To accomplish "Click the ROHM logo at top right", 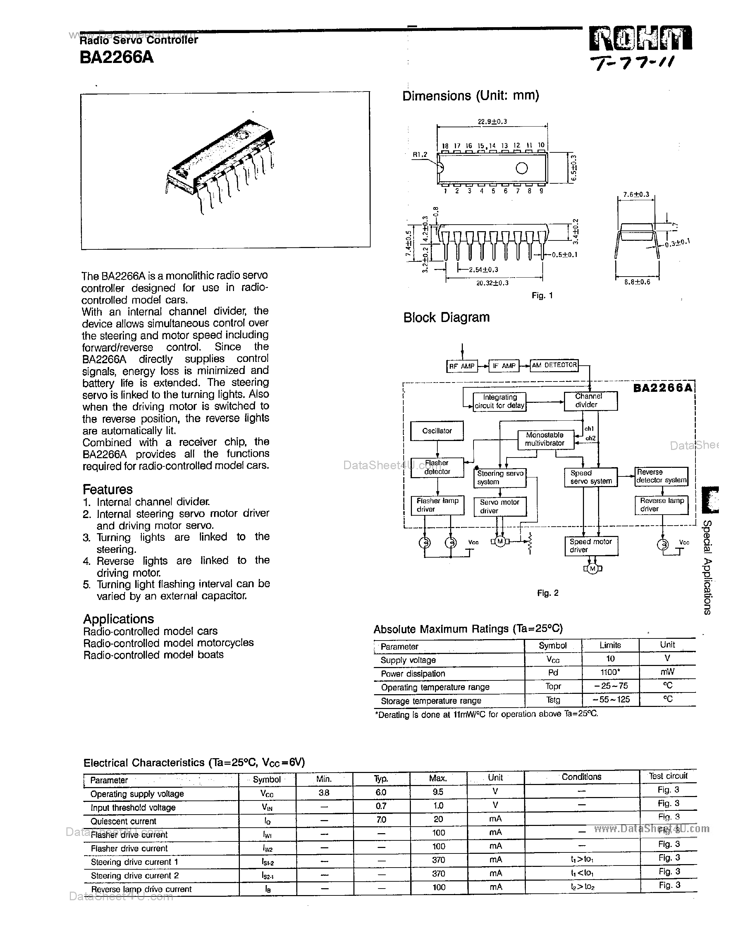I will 640,39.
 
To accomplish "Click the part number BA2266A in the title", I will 117,57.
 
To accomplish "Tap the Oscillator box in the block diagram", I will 437,431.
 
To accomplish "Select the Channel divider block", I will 590,401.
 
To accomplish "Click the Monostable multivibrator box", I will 545,439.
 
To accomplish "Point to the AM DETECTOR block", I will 554,365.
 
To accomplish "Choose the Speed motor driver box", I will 591,546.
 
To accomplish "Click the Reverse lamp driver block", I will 661,505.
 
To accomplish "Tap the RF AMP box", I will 461,366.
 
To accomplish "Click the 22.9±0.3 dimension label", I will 492,122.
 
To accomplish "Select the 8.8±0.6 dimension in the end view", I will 637,282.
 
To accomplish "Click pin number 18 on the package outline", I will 445,146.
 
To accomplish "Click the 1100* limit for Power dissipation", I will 610,672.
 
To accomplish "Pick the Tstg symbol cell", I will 553,700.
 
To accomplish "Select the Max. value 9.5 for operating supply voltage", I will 438,792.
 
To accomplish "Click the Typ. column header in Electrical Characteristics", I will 381,778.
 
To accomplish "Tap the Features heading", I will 107,490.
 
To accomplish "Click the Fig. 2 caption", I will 547,593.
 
